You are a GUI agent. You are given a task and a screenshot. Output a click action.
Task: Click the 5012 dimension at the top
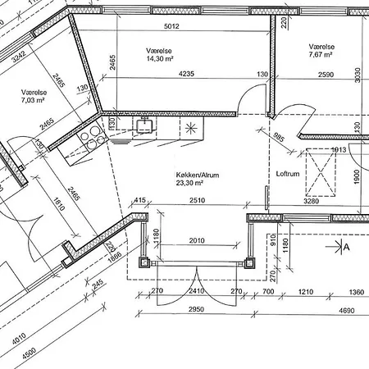click(x=171, y=26)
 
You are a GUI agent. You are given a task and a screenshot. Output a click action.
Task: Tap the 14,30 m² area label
click(x=160, y=58)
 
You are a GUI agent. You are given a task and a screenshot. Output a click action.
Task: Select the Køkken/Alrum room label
click(x=198, y=175)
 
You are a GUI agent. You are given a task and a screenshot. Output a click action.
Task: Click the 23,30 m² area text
click(x=189, y=183)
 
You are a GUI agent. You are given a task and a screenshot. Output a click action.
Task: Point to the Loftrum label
click(x=288, y=174)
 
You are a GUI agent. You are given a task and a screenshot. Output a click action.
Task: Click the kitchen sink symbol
click(x=144, y=125)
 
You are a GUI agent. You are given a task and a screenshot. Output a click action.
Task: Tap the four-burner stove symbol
click(x=92, y=138)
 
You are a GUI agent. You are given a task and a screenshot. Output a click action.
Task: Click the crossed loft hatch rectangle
click(x=321, y=172)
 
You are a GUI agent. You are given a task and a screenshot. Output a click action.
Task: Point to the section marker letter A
click(x=346, y=247)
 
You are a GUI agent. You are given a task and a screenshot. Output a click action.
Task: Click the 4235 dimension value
click(x=186, y=74)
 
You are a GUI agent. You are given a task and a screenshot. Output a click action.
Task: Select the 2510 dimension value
click(x=198, y=200)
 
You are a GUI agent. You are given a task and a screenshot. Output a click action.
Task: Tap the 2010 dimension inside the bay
click(x=197, y=240)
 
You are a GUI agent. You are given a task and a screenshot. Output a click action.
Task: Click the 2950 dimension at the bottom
click(x=196, y=309)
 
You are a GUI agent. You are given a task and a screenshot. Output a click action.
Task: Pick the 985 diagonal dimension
click(x=279, y=138)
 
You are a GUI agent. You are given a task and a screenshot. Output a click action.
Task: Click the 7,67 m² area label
click(x=321, y=54)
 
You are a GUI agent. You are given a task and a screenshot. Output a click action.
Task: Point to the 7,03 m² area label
click(x=33, y=100)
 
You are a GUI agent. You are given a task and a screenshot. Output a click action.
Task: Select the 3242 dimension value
click(x=19, y=57)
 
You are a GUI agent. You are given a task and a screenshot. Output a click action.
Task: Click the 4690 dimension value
click(x=347, y=311)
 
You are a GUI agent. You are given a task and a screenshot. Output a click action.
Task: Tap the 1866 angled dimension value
click(x=115, y=257)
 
